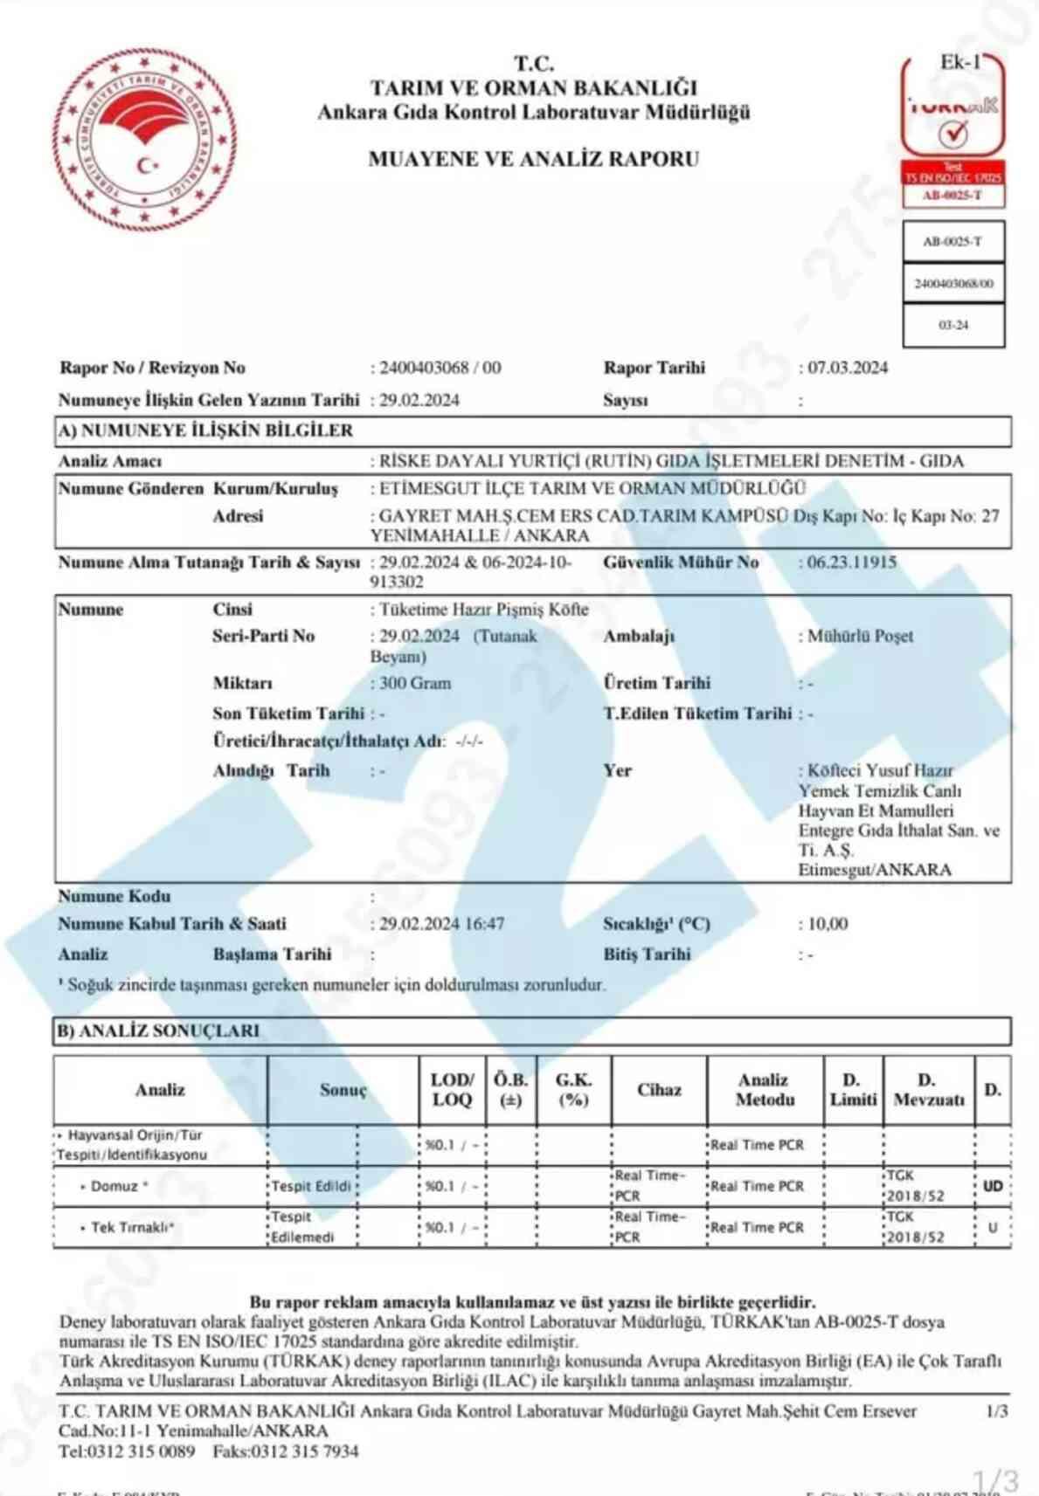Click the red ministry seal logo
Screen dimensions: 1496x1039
coord(144,140)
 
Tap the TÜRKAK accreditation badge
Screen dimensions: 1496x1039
coord(952,131)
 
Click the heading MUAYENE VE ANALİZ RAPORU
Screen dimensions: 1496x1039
coord(533,159)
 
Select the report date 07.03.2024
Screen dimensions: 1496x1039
coord(847,368)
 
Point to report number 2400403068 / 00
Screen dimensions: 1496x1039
coord(440,368)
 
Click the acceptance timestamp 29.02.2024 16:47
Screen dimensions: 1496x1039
coord(441,924)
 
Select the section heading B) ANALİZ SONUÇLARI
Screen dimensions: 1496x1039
coord(159,1031)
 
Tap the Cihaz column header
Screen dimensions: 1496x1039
coord(659,1090)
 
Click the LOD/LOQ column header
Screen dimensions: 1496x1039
coord(452,1090)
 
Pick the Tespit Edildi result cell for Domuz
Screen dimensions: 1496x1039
coord(311,1186)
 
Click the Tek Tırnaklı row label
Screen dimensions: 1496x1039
coord(131,1227)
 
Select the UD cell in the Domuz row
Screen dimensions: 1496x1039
coord(992,1186)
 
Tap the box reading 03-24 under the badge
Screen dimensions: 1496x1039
coord(953,325)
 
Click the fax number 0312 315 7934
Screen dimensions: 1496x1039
coord(304,1451)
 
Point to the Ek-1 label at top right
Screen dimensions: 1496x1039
coord(959,62)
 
